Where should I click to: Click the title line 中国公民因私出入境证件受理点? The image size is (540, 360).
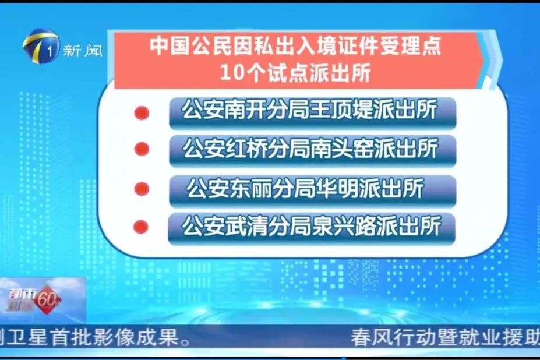[295, 46]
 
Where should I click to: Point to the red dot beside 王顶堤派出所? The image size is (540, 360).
[142, 113]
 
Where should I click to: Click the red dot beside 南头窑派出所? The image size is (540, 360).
[142, 150]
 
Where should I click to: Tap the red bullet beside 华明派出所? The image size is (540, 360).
[142, 189]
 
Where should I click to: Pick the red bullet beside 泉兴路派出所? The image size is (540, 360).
[141, 226]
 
